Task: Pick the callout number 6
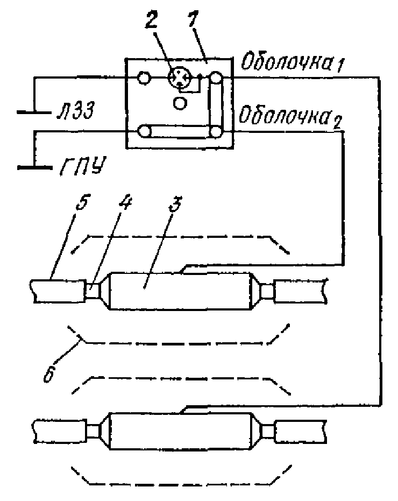click(x=49, y=372)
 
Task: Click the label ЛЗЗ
click(x=75, y=112)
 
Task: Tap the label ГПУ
click(x=82, y=166)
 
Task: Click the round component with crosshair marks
click(x=180, y=77)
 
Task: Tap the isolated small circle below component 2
click(x=179, y=103)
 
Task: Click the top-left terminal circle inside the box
click(x=144, y=77)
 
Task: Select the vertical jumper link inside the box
click(x=216, y=104)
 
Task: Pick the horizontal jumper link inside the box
click(x=180, y=131)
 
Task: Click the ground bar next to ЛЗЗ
click(x=34, y=112)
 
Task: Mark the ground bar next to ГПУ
click(x=35, y=167)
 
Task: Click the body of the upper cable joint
click(x=179, y=291)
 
